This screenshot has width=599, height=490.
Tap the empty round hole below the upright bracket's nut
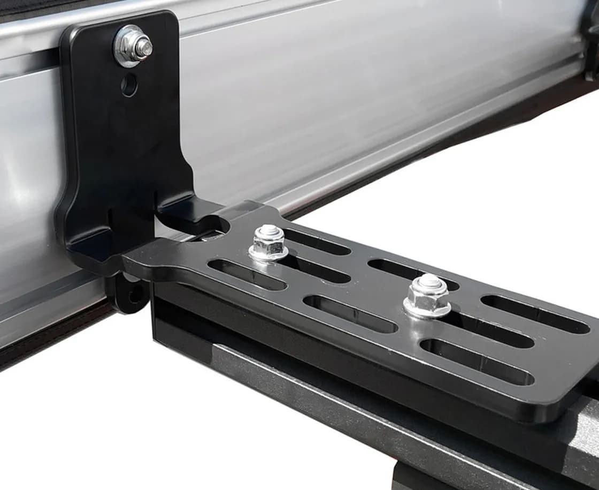128,85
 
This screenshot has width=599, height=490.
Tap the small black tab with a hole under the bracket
130,293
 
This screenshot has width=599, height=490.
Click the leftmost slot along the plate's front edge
247,275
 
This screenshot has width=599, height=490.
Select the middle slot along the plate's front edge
350,313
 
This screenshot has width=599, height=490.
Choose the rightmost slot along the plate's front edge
477,361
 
